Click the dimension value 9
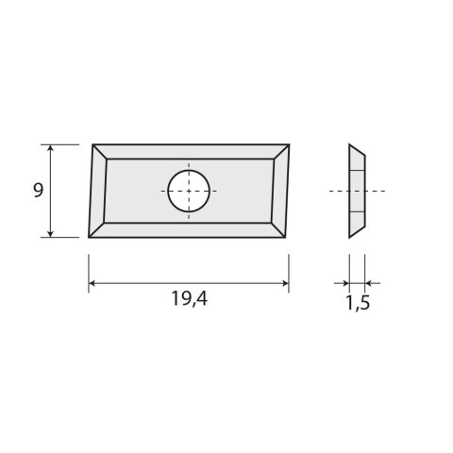coord(38,190)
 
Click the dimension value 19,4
coord(189,302)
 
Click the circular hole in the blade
coord(189,191)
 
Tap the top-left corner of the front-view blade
coord(92,144)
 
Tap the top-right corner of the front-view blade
coord(289,144)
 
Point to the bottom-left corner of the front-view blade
coord(88,236)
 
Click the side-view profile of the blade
coord(356,191)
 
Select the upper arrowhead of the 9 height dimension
coord(50,148)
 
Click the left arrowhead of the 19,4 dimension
coord(92,282)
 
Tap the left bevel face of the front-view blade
coord(98,191)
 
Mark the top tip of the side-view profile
coord(350,145)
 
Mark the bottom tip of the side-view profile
coord(350,236)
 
